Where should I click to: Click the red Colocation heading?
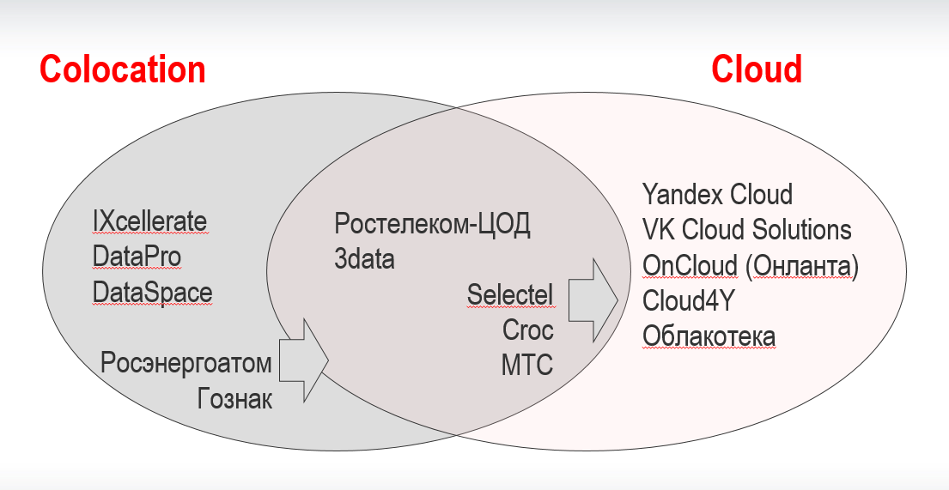[123, 70]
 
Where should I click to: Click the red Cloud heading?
[756, 70]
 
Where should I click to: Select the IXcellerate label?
[149, 221]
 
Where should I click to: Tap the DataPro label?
[137, 257]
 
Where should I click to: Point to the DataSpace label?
[152, 293]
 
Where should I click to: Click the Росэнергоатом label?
[186, 363]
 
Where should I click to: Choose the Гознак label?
[234, 398]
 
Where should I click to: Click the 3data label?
[364, 259]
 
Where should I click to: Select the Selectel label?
[510, 294]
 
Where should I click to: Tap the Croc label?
[527, 330]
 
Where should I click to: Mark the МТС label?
[527, 365]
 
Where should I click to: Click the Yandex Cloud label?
[717, 194]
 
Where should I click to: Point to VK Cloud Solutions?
[746, 230]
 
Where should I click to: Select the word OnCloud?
[689, 266]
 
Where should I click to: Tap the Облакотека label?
[709, 336]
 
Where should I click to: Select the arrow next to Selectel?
[593, 299]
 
